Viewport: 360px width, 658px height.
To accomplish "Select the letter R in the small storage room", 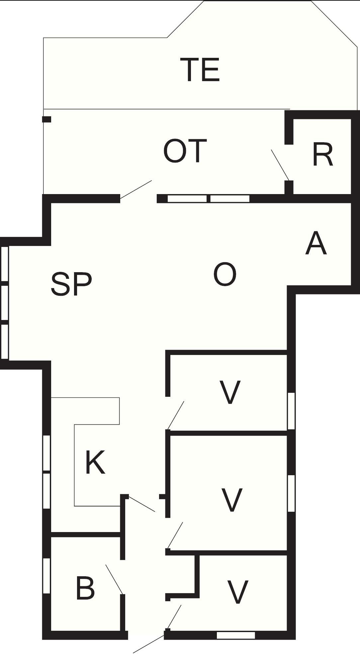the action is click(x=322, y=155).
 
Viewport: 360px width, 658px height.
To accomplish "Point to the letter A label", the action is click(x=316, y=244).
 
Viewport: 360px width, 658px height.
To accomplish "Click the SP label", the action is click(x=71, y=284).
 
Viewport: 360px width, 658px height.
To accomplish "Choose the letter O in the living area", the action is click(x=225, y=274).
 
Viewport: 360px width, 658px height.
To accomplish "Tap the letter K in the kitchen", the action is click(x=95, y=462).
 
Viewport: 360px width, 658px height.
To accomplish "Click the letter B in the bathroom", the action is click(x=85, y=588).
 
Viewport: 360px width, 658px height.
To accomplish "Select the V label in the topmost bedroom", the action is click(x=230, y=392).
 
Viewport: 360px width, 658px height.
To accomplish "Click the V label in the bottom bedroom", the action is click(x=237, y=592).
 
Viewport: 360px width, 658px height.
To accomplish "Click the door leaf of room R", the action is click(x=280, y=165).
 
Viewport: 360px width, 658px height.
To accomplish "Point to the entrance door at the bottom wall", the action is click(x=148, y=644).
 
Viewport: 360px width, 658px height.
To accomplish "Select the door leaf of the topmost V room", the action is click(x=176, y=415).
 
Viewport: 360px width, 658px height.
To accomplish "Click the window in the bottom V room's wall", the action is click(x=236, y=635).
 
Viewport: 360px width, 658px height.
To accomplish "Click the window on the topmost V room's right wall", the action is click(x=291, y=411).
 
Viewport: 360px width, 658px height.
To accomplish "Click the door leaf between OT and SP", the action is click(x=136, y=190).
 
